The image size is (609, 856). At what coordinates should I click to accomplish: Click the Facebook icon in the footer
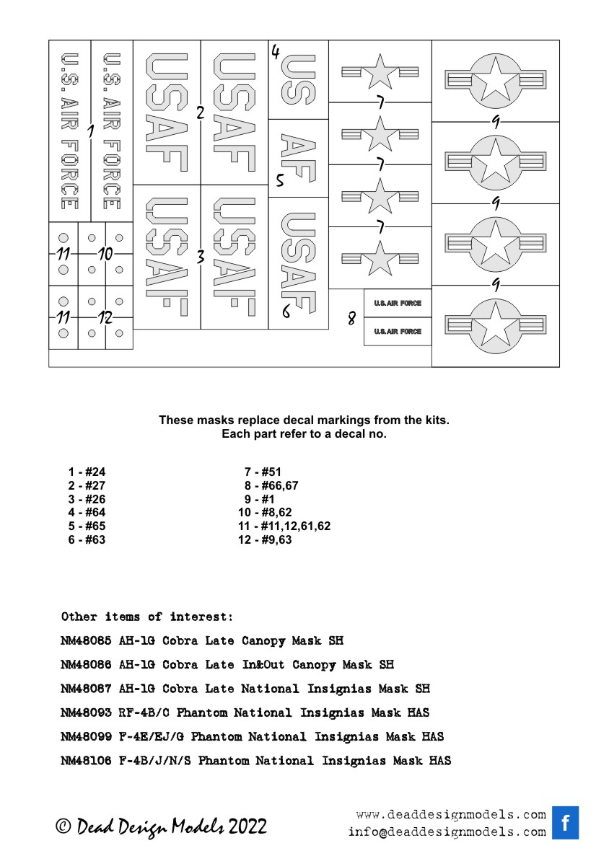(566, 823)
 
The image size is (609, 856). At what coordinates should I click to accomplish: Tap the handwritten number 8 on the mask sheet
(351, 317)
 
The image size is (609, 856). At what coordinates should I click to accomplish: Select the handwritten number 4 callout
(276, 52)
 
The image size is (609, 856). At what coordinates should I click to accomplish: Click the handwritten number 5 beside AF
(279, 181)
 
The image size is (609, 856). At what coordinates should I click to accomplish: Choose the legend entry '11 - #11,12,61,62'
(284, 526)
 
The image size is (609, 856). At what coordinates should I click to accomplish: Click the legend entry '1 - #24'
(87, 472)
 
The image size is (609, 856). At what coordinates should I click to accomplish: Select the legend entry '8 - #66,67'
(271, 485)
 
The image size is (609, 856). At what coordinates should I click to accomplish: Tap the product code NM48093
(86, 712)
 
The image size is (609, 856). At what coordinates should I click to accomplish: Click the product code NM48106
(86, 761)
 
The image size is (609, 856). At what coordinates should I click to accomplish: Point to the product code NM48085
(86, 640)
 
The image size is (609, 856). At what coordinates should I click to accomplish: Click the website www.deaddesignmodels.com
(451, 815)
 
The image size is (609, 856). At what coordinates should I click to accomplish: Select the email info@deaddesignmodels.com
(447, 831)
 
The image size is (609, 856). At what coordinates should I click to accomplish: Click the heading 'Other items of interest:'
(147, 617)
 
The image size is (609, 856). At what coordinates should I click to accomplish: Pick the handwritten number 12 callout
(105, 317)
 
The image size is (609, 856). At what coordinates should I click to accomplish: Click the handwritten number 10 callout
(105, 254)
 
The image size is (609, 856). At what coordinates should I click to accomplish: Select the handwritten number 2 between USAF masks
(201, 112)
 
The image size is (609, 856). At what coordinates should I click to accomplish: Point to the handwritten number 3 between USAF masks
(201, 256)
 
